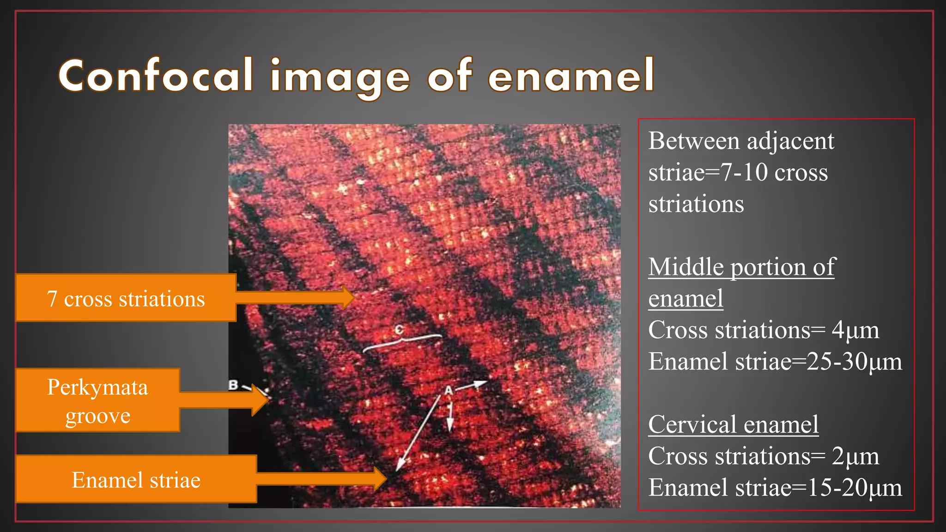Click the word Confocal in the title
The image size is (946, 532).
156,75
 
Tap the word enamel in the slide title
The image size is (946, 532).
571,75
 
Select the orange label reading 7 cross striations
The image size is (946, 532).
126,298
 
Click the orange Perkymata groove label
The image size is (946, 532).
97,400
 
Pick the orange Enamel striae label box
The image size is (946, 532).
136,479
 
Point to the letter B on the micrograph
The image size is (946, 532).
233,385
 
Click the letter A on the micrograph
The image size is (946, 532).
448,391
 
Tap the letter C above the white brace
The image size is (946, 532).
399,329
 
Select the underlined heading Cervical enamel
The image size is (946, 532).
733,424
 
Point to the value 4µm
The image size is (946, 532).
855,330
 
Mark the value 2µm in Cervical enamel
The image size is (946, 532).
855,456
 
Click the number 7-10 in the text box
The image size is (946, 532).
744,172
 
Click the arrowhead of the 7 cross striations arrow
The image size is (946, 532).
349,297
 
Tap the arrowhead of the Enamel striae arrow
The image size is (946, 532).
381,478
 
